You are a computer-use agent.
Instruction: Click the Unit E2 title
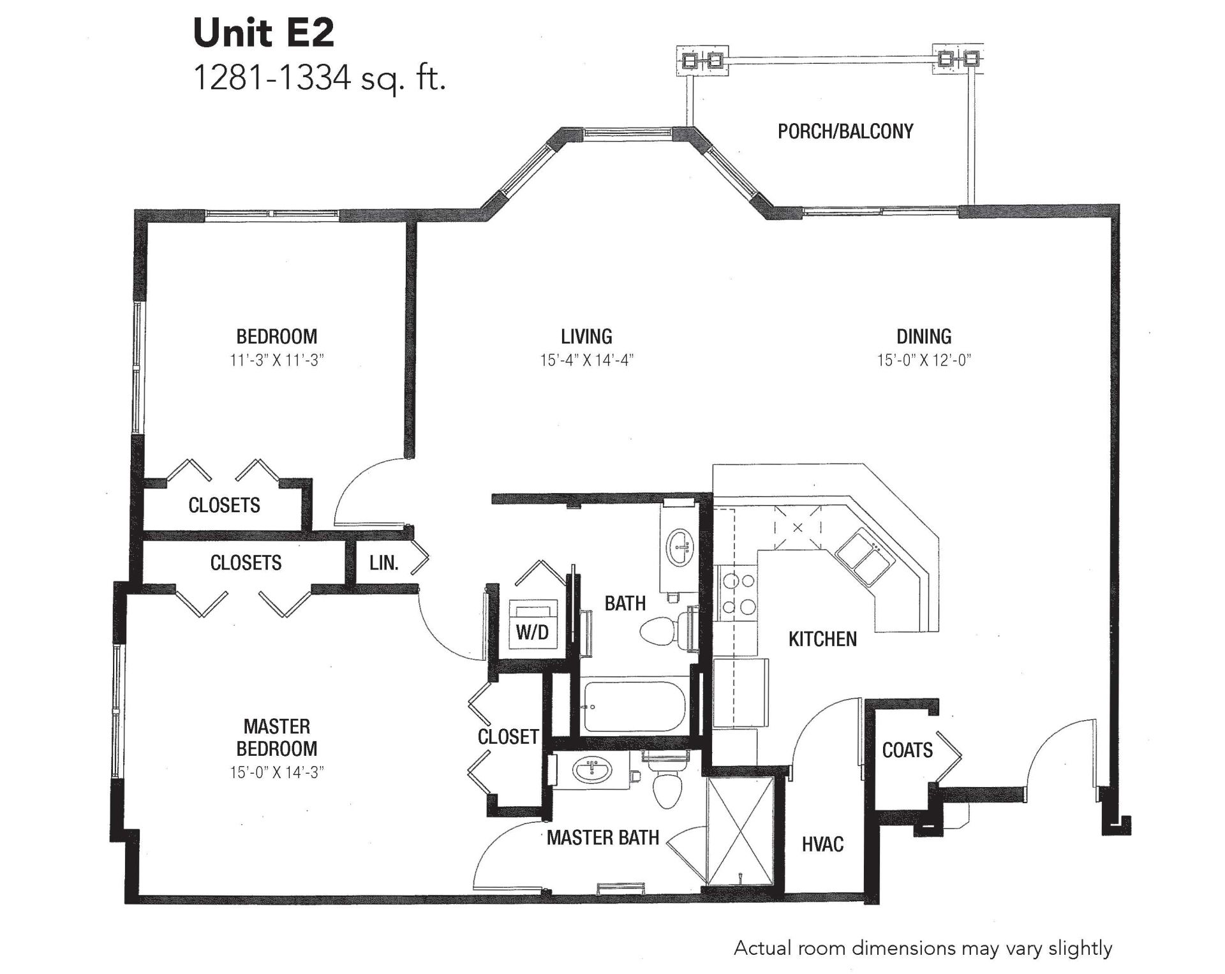[264, 33]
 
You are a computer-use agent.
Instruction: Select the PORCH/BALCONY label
[845, 131]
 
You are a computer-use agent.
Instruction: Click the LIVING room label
[586, 336]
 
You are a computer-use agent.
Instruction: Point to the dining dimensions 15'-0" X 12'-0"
[924, 360]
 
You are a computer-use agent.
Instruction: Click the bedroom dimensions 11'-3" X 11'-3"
[277, 360]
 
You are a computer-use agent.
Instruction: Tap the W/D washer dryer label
[532, 632]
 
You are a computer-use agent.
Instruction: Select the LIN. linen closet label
[384, 563]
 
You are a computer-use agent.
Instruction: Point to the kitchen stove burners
[738, 594]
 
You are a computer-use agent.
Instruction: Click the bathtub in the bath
[634, 707]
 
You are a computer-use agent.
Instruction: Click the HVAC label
[822, 845]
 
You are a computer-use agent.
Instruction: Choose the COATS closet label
[907, 750]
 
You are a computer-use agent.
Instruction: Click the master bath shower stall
[741, 831]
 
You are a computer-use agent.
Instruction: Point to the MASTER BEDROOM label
[277, 737]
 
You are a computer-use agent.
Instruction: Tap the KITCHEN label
[822, 639]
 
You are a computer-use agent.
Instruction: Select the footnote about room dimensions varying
[923, 948]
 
